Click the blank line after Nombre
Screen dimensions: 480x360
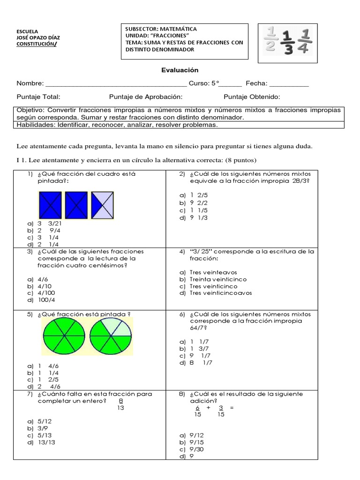coord(115,84)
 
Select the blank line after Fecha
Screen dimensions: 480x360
coord(289,84)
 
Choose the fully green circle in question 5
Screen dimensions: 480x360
coord(63,337)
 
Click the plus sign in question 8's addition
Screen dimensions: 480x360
coord(208,408)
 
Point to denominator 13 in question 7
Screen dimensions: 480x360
coord(120,408)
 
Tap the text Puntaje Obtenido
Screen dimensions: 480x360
coord(251,97)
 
